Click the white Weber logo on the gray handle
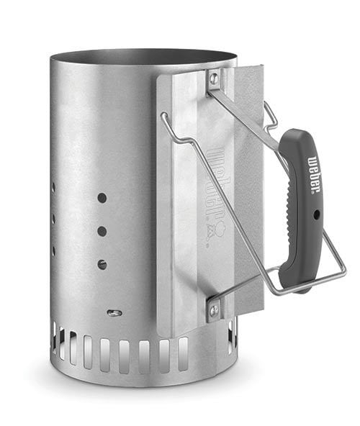[313, 174]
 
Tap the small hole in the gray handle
[317, 214]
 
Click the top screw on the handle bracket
[215, 78]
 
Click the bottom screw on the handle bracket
[215, 309]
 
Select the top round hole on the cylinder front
[102, 198]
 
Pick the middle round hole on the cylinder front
[102, 231]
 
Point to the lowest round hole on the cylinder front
[102, 264]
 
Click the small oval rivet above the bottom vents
[114, 313]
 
